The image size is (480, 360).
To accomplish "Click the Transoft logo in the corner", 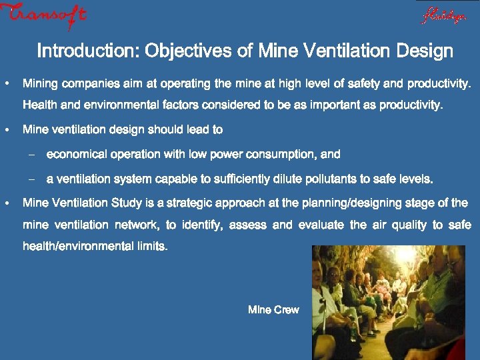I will tap(43, 15).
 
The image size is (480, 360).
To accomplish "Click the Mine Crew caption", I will tap(273, 310).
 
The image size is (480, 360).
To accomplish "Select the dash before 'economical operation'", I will tap(31, 155).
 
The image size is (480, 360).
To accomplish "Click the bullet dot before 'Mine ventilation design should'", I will tap(6, 129).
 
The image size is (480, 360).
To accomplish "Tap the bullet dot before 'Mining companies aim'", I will tap(6, 84).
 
